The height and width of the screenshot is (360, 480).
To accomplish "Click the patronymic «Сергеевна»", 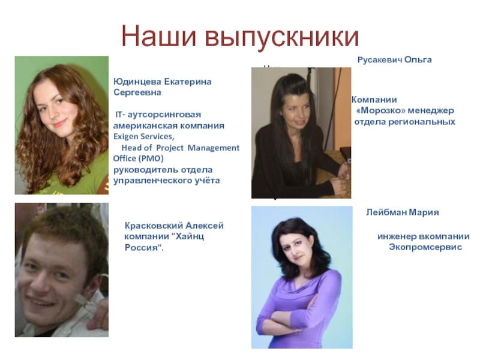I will tap(137, 93).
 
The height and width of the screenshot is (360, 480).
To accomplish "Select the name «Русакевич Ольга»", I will tap(395, 61).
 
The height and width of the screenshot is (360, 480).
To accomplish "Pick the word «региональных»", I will tap(428, 122).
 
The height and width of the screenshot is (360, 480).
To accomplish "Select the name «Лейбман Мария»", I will tap(403, 212).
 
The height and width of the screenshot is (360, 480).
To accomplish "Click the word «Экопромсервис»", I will tap(425, 247).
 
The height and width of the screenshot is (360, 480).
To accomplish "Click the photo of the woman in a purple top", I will tap(301, 277).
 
